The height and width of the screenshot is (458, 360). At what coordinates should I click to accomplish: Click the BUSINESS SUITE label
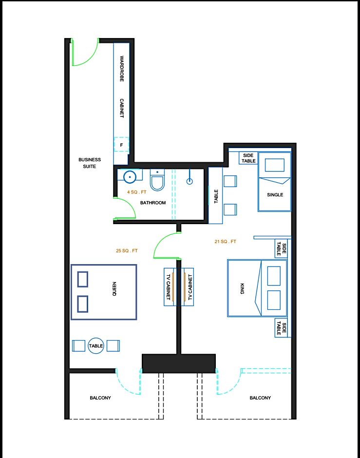[90, 163]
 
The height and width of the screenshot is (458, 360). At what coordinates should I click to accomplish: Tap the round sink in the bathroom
[130, 177]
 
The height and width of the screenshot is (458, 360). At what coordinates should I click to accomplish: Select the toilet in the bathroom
[157, 180]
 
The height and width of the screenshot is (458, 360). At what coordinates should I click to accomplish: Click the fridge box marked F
[121, 144]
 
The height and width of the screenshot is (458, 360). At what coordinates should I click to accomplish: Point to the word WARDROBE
[122, 69]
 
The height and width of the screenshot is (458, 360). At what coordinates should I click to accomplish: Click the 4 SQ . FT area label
[136, 192]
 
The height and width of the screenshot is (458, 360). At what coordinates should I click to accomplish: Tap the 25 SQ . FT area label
[127, 250]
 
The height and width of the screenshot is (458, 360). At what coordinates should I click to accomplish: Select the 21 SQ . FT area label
[226, 242]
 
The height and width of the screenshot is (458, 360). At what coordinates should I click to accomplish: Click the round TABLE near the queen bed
[96, 345]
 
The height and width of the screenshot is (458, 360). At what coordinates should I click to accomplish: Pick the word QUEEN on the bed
[114, 289]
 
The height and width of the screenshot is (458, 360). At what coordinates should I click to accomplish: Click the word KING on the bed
[242, 288]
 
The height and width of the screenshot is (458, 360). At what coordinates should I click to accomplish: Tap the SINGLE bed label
[275, 195]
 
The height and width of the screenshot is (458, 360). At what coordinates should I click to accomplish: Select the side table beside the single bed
[248, 158]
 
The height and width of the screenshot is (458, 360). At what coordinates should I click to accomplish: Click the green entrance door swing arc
[91, 58]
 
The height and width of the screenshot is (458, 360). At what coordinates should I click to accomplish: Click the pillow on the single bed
[274, 165]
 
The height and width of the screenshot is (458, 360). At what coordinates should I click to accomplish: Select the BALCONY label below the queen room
[100, 398]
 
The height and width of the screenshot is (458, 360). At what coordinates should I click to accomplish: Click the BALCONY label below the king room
[260, 398]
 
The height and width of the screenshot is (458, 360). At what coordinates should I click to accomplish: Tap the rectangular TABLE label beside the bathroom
[216, 196]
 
